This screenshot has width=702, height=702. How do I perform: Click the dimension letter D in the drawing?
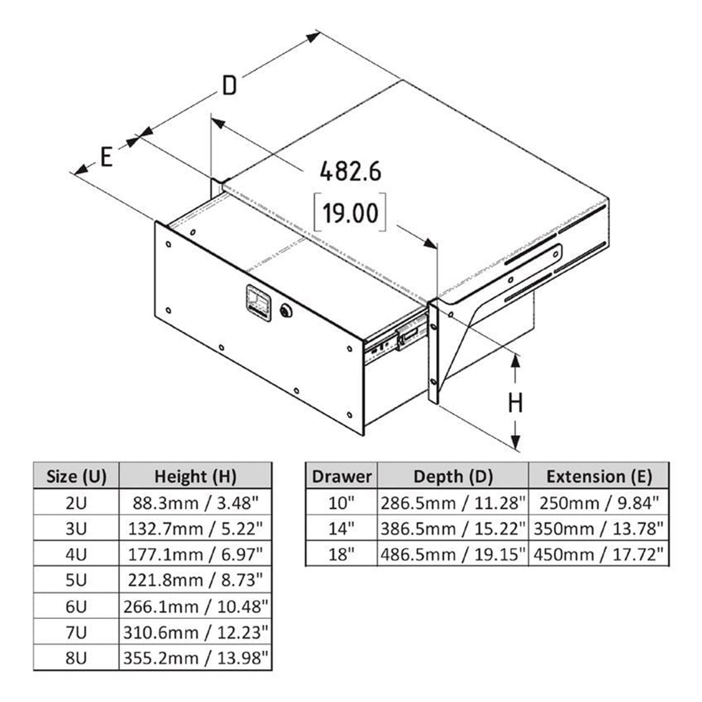point(230,86)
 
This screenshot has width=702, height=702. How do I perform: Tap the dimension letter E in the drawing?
point(106,157)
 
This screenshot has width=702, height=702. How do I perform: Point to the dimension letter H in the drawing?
point(515,403)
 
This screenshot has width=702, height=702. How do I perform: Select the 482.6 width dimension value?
point(351,172)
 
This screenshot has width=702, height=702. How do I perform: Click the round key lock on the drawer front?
point(286,311)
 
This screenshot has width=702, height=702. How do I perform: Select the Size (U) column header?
point(76,477)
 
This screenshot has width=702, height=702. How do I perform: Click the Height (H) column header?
point(195,477)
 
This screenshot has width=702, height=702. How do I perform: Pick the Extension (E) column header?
point(599,477)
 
